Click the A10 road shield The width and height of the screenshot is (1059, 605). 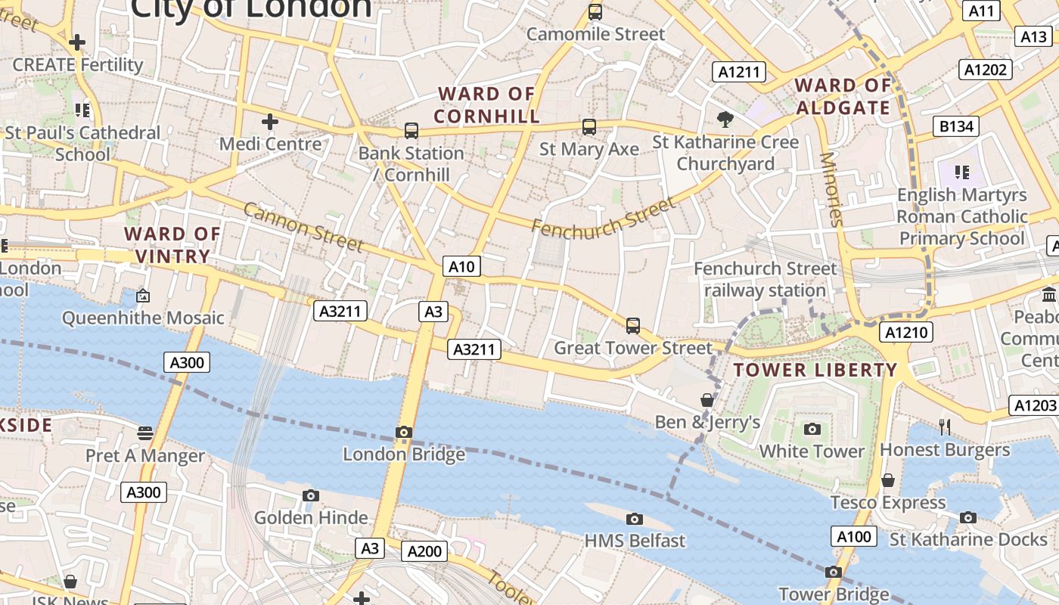point(461,266)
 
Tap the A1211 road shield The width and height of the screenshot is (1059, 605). point(739,72)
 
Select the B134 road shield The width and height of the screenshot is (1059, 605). point(956,126)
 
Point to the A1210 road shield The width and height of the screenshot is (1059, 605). point(907,332)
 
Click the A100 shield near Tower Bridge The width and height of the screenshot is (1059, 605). point(855,537)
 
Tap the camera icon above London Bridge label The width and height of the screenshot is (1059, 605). point(404,433)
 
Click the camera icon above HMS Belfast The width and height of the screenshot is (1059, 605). point(635,519)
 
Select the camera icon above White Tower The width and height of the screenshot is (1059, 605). point(812,430)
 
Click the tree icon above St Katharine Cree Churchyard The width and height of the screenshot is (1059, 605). point(725,119)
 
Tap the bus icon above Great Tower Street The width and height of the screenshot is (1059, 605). point(633,326)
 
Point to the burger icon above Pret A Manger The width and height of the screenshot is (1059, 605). point(145,433)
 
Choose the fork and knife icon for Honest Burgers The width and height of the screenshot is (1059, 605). point(945,427)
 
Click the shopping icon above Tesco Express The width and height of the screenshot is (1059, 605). point(888,480)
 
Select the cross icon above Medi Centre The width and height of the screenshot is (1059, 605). point(270,121)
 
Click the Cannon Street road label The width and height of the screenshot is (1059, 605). point(303,227)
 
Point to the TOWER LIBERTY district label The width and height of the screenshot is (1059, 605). point(815,370)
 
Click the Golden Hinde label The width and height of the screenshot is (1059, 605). point(311,518)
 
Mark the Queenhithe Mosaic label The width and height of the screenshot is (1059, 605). point(143,318)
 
